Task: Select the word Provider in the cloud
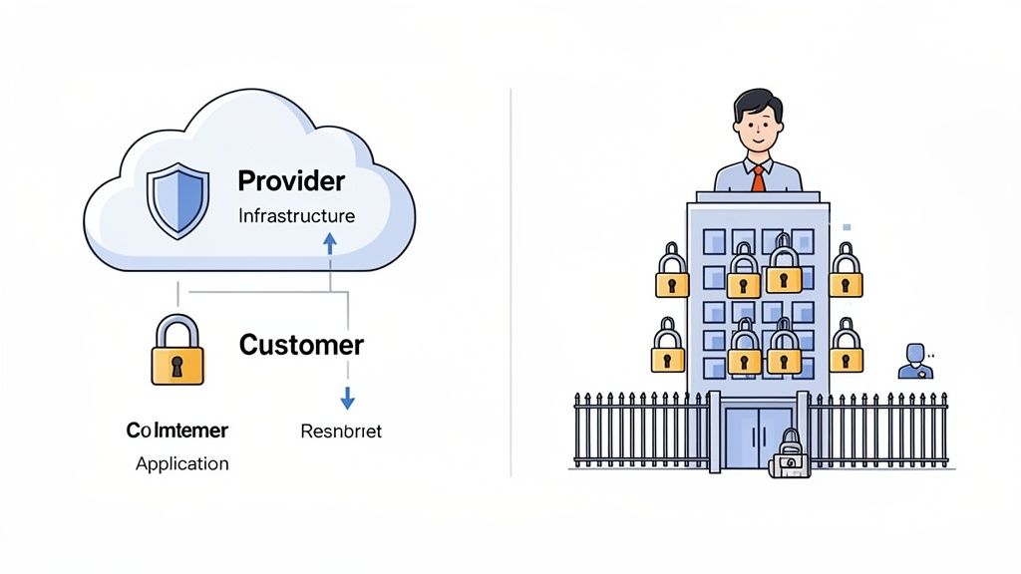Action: [291, 181]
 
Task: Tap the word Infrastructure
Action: [296, 215]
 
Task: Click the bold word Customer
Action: [301, 346]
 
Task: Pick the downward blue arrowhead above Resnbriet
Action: [347, 400]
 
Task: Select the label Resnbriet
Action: [340, 431]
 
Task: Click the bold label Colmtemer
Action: [177, 430]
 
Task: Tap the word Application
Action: [181, 463]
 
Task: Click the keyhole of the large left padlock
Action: [177, 366]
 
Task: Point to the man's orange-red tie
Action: [758, 178]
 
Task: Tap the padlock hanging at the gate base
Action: [790, 457]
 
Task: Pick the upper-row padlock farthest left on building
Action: [672, 272]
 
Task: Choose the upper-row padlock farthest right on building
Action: [846, 272]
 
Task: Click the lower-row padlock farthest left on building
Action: [668, 348]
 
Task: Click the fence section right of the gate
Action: [877, 430]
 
